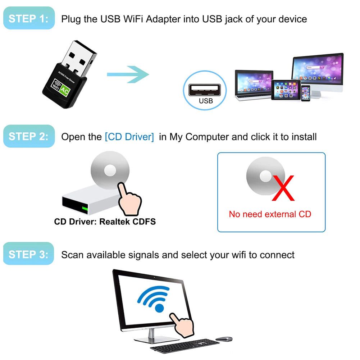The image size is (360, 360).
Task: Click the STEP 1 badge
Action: click(29, 18)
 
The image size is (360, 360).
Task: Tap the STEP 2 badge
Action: click(29, 136)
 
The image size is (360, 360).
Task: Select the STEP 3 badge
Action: click(28, 254)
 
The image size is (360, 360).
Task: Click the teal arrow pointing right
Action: click(128, 74)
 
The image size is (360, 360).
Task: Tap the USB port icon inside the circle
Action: click(205, 90)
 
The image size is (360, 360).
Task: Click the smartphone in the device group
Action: click(306, 93)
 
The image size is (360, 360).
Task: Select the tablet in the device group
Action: click(286, 90)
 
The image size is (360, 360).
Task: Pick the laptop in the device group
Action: click(254, 85)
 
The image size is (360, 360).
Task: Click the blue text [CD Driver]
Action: click(129, 137)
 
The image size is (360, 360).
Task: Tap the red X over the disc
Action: click(283, 188)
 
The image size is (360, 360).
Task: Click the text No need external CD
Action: click(270, 214)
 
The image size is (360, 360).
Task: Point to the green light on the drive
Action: click(85, 209)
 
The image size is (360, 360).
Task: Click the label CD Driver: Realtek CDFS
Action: click(105, 222)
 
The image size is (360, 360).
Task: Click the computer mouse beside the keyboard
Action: click(224, 339)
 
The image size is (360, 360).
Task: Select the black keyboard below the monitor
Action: click(185, 346)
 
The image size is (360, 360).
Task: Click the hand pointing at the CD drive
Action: click(129, 199)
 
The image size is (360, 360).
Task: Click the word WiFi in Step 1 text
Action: click(133, 19)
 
